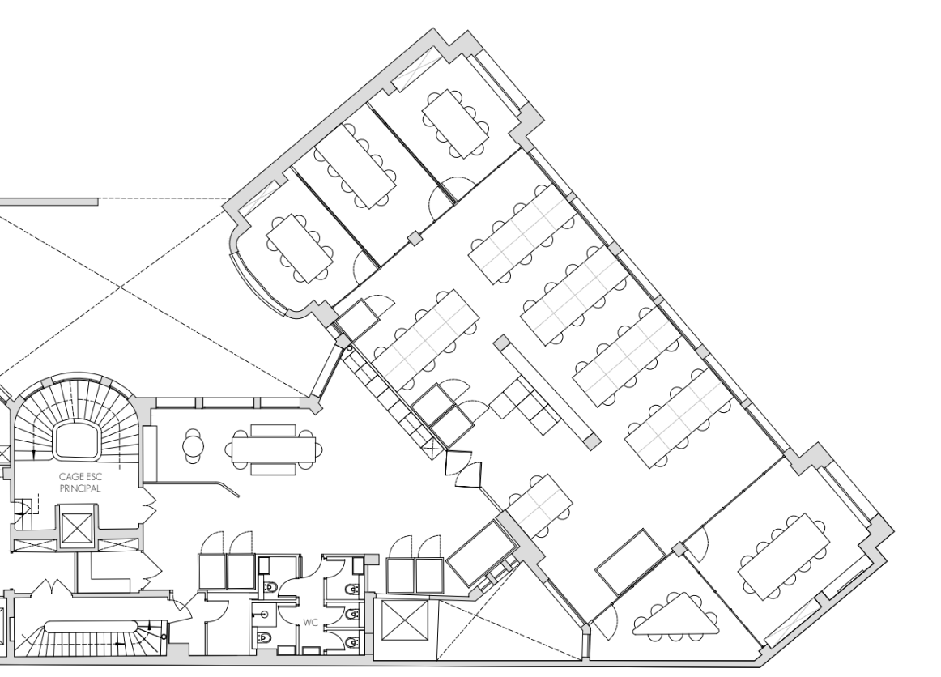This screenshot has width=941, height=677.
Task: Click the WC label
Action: tap(309, 623)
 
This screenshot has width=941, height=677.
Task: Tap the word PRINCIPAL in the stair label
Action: tap(80, 488)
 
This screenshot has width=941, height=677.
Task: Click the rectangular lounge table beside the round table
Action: tap(274, 449)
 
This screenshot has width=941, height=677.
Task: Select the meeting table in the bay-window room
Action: tap(300, 248)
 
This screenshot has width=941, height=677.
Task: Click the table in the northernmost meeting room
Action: tap(455, 124)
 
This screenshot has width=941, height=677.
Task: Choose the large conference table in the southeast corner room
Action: tap(784, 556)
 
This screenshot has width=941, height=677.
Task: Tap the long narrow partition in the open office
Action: tap(546, 390)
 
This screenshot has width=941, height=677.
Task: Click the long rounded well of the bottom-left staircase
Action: tap(89, 626)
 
